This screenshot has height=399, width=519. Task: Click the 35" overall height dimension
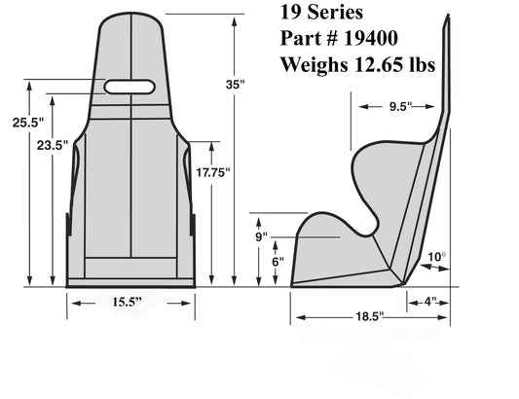coord(235,85)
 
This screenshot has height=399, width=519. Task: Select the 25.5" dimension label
coord(28,123)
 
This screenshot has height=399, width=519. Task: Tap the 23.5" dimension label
coord(53,145)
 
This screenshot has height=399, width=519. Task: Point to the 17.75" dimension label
coord(213,172)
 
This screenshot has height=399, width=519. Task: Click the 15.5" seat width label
coord(128,302)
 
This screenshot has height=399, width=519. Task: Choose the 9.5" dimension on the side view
coord(400,106)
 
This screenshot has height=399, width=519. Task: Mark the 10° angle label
coord(437,257)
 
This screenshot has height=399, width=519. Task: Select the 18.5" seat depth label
coord(370,316)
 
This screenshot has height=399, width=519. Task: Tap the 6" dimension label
coord(278,262)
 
